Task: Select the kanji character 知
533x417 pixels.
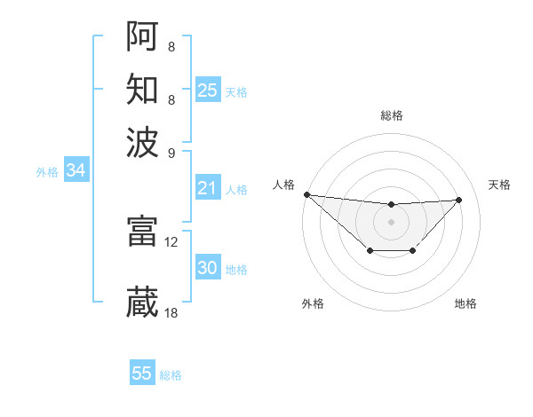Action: (x=142, y=89)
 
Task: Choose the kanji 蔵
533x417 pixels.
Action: (x=142, y=302)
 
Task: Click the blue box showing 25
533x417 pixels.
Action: (x=207, y=90)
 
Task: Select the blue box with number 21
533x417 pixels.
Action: (x=207, y=188)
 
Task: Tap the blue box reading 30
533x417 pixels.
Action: (x=207, y=268)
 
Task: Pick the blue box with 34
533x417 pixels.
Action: (x=76, y=170)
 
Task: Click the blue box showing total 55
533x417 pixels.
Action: (x=142, y=374)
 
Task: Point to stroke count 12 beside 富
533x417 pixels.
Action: (x=171, y=240)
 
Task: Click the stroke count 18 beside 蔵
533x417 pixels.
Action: (x=171, y=312)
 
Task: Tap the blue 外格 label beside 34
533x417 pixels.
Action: (x=47, y=172)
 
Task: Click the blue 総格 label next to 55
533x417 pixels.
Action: (x=171, y=375)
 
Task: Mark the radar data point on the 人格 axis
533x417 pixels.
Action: (x=306, y=194)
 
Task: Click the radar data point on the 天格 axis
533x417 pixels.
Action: (x=459, y=200)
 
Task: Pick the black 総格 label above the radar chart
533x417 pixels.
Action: (x=391, y=115)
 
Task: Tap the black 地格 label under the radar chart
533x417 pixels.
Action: (x=465, y=303)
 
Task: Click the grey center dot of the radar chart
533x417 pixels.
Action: (x=391, y=220)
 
